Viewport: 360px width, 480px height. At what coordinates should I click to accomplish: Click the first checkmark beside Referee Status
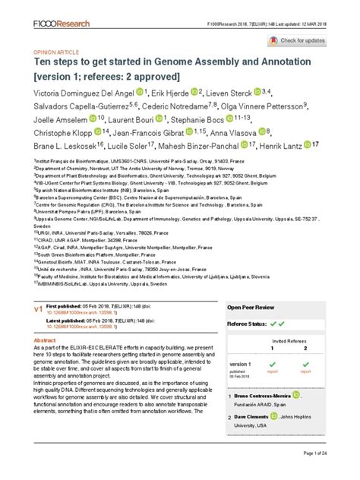[x=271, y=324]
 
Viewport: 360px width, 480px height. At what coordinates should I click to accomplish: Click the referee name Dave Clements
[x=260, y=417]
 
